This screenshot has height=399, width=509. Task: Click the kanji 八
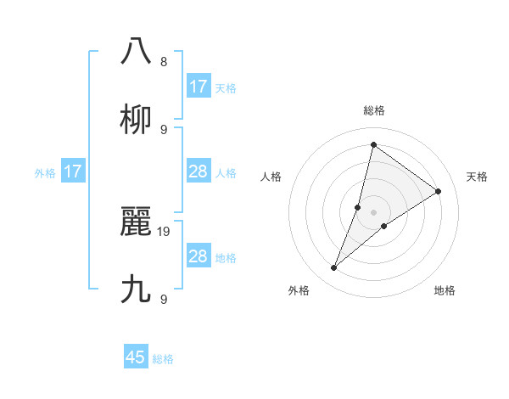(137, 50)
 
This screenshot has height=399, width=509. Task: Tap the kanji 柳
(137, 120)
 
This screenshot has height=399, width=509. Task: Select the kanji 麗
(137, 223)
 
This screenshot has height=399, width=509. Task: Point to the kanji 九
(137, 289)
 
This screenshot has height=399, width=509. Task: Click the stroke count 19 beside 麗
(165, 231)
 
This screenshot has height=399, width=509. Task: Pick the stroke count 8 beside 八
(164, 62)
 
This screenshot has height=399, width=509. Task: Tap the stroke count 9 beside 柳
(164, 129)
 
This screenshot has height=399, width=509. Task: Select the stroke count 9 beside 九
(164, 299)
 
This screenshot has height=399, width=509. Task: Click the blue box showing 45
(136, 357)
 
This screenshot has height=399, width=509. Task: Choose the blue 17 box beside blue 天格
(198, 87)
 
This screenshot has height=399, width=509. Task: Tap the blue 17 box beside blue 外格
(73, 171)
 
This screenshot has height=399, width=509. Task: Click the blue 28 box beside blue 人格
(198, 171)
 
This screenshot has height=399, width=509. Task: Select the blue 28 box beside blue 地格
(198, 256)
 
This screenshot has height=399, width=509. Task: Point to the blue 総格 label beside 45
(163, 359)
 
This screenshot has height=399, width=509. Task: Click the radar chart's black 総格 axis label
(373, 110)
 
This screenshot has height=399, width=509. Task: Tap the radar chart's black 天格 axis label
(477, 177)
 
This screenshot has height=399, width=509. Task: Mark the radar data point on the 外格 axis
(334, 268)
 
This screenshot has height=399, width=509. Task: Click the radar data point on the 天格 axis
(438, 191)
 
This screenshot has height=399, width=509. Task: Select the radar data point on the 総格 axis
(373, 143)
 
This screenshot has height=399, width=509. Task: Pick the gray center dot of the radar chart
(373, 211)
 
